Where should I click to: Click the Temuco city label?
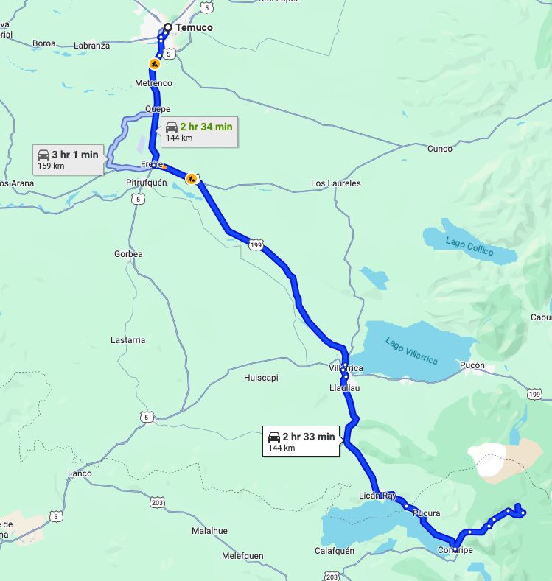point(194,27)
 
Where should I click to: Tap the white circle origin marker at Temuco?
point(167,27)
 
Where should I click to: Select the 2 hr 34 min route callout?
point(198,131)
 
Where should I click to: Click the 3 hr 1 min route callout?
point(68,160)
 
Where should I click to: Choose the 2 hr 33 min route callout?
point(301,442)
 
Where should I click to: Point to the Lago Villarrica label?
point(411,350)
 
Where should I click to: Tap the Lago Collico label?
point(469,244)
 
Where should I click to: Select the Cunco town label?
point(439,149)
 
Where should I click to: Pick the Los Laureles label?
point(335,183)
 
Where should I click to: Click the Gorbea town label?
point(128,254)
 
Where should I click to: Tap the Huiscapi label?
point(261,378)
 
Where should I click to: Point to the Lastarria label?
point(127,340)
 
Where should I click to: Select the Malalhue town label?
point(209,530)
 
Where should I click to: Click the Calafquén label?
point(335,550)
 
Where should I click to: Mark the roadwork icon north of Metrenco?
point(154,64)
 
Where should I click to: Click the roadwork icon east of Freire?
point(192,177)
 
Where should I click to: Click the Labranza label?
point(91,46)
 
